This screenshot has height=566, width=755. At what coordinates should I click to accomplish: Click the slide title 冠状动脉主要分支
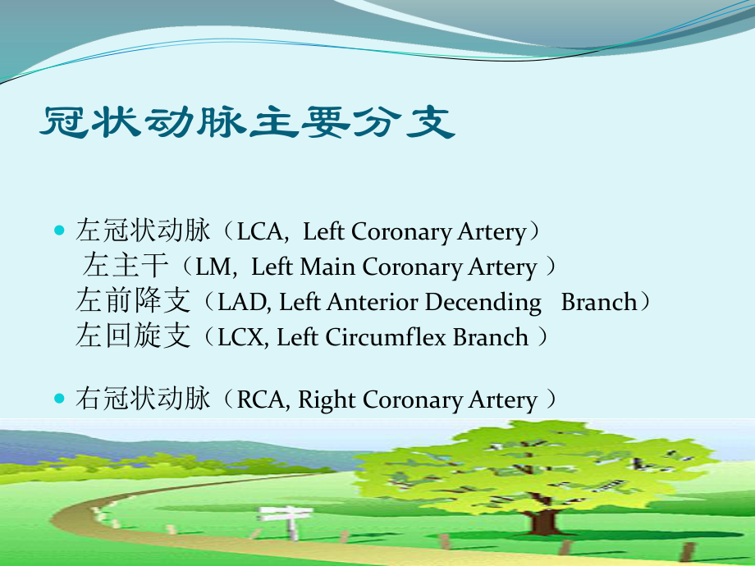[247, 125]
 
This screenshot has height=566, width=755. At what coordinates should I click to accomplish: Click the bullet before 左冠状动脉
[58, 231]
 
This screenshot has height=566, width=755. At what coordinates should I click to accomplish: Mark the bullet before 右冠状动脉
[58, 399]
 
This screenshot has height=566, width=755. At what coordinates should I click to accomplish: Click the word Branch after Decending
[598, 303]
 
